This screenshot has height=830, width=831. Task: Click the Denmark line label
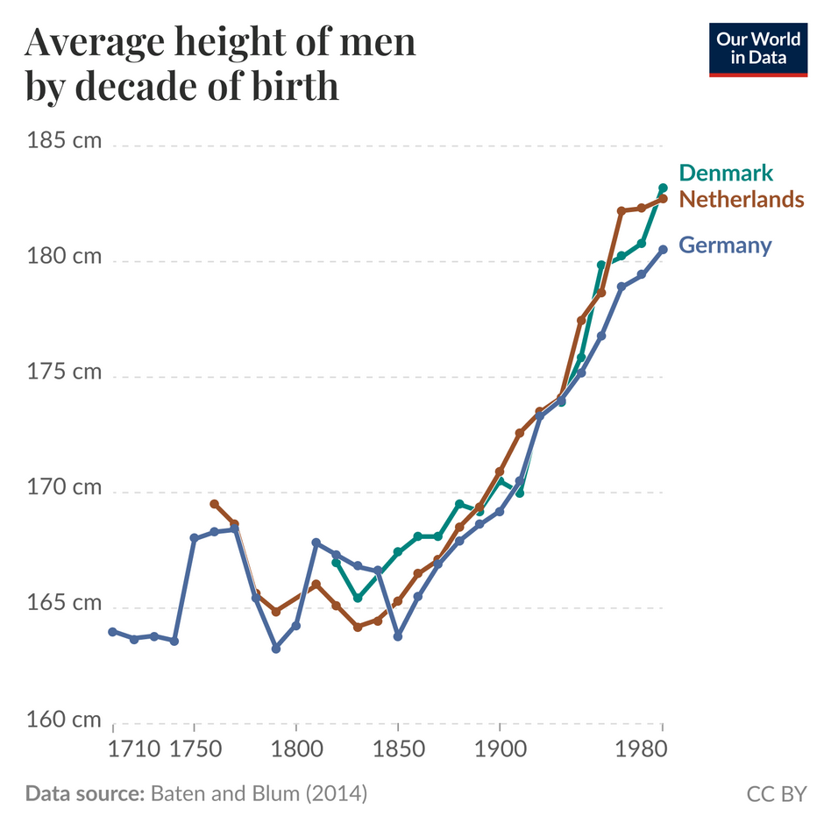pyautogui.click(x=726, y=172)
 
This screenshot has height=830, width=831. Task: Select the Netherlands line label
pyautogui.click(x=742, y=199)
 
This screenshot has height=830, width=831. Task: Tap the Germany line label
pyautogui.click(x=726, y=245)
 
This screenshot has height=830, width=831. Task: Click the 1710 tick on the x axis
pyautogui.click(x=122, y=751)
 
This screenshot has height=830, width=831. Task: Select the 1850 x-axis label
pyautogui.click(x=398, y=751)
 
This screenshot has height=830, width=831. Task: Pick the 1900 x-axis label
pyautogui.click(x=500, y=751)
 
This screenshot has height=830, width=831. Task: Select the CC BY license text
pyautogui.click(x=776, y=795)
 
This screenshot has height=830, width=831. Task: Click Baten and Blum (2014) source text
pyautogui.click(x=259, y=795)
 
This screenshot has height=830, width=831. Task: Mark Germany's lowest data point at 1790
pyautogui.click(x=276, y=649)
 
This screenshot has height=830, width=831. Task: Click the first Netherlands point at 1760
pyautogui.click(x=214, y=504)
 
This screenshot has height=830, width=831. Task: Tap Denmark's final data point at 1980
pyautogui.click(x=663, y=188)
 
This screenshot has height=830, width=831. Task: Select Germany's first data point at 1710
pyautogui.click(x=112, y=631)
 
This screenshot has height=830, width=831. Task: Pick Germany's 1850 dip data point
pyautogui.click(x=398, y=635)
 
